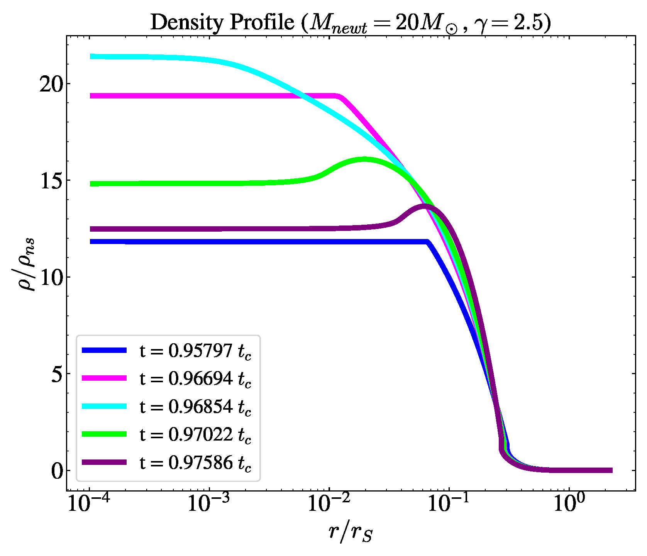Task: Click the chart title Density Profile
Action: [351, 22]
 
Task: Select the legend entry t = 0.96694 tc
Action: [195, 379]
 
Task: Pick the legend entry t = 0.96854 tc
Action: [195, 407]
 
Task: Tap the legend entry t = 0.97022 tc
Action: [195, 434]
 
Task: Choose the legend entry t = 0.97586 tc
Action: [195, 463]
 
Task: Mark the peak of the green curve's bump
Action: [364, 159]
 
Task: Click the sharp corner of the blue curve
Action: [427, 242]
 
